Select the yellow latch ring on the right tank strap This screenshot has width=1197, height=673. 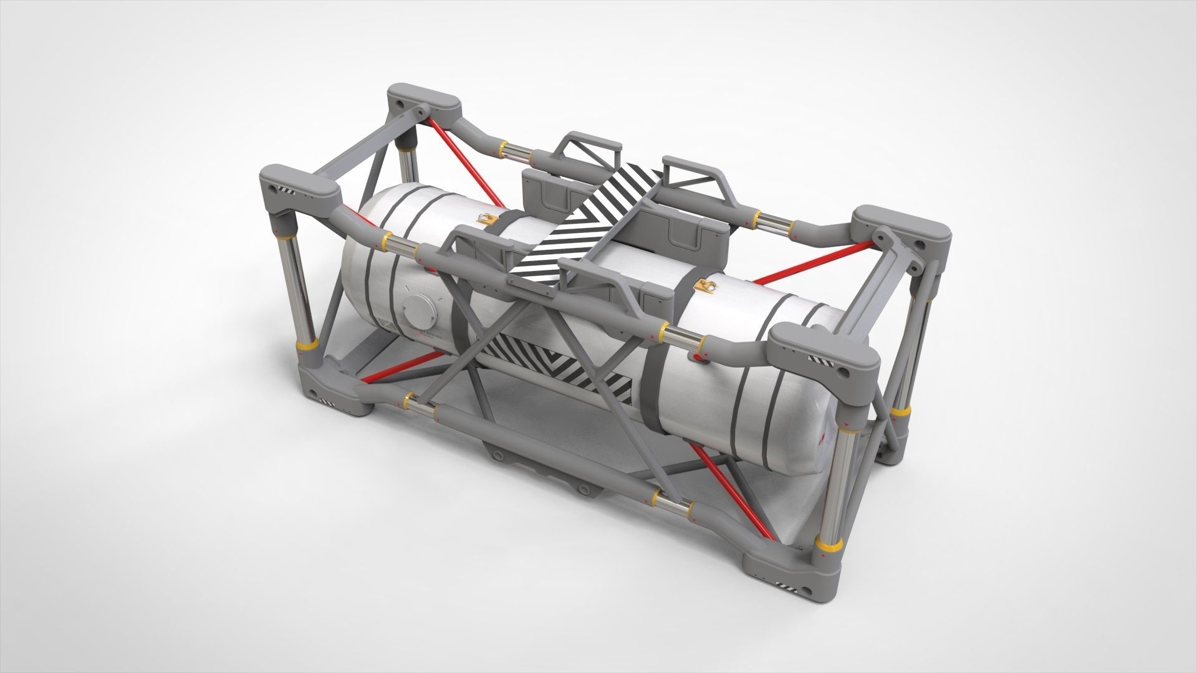pyautogui.click(x=706, y=286)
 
